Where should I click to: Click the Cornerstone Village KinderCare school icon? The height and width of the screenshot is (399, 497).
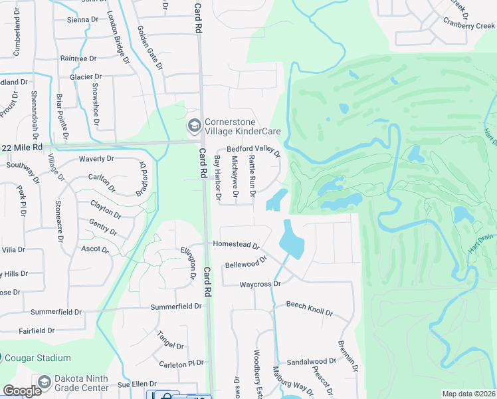pos(194,125)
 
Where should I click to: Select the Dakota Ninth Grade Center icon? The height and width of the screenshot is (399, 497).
pos(45,383)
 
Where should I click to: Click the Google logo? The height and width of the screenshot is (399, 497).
pos(22,391)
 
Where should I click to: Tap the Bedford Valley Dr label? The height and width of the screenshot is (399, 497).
pos(254,150)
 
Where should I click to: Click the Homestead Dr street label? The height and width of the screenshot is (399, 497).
pos(236,244)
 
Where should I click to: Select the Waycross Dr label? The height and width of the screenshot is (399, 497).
pos(261,284)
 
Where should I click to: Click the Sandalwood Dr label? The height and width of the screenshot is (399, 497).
pos(312,362)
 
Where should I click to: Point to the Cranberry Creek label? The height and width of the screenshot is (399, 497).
pos(470,25)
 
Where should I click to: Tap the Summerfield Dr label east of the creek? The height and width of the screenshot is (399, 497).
pos(176,307)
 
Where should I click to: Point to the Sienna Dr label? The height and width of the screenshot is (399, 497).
pos(83,20)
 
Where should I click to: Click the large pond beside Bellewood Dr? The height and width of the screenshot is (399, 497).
pos(291,239)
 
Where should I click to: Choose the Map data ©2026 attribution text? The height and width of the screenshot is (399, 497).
pos(468,394)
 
